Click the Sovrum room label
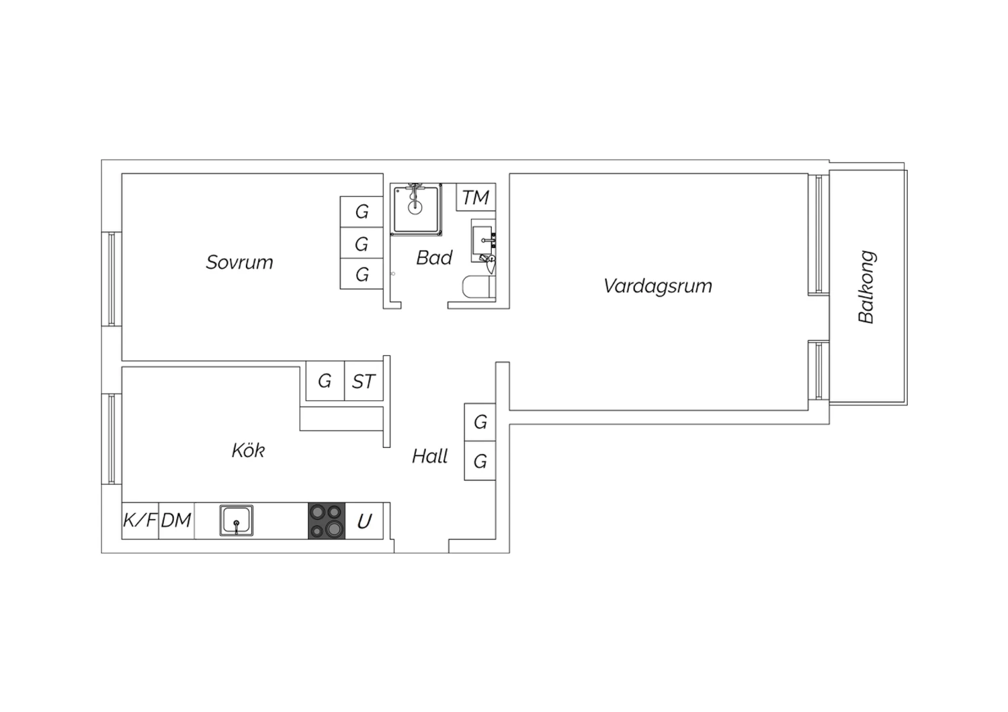tap(239, 262)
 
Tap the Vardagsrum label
tap(657, 286)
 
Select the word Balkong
tap(866, 287)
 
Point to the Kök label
tap(248, 450)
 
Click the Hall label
tap(429, 457)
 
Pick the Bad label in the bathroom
tap(434, 258)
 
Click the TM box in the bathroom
tap(476, 197)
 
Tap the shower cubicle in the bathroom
tap(416, 209)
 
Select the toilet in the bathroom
tap(478, 287)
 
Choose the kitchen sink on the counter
tap(237, 521)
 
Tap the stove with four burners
tap(327, 521)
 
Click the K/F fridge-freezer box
tap(140, 521)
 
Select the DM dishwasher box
tap(176, 521)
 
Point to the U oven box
tap(364, 521)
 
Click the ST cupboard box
tap(364, 382)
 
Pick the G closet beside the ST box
tap(325, 382)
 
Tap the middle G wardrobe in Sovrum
tap(362, 243)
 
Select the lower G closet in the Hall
tap(480, 461)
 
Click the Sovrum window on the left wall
tap(112, 279)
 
